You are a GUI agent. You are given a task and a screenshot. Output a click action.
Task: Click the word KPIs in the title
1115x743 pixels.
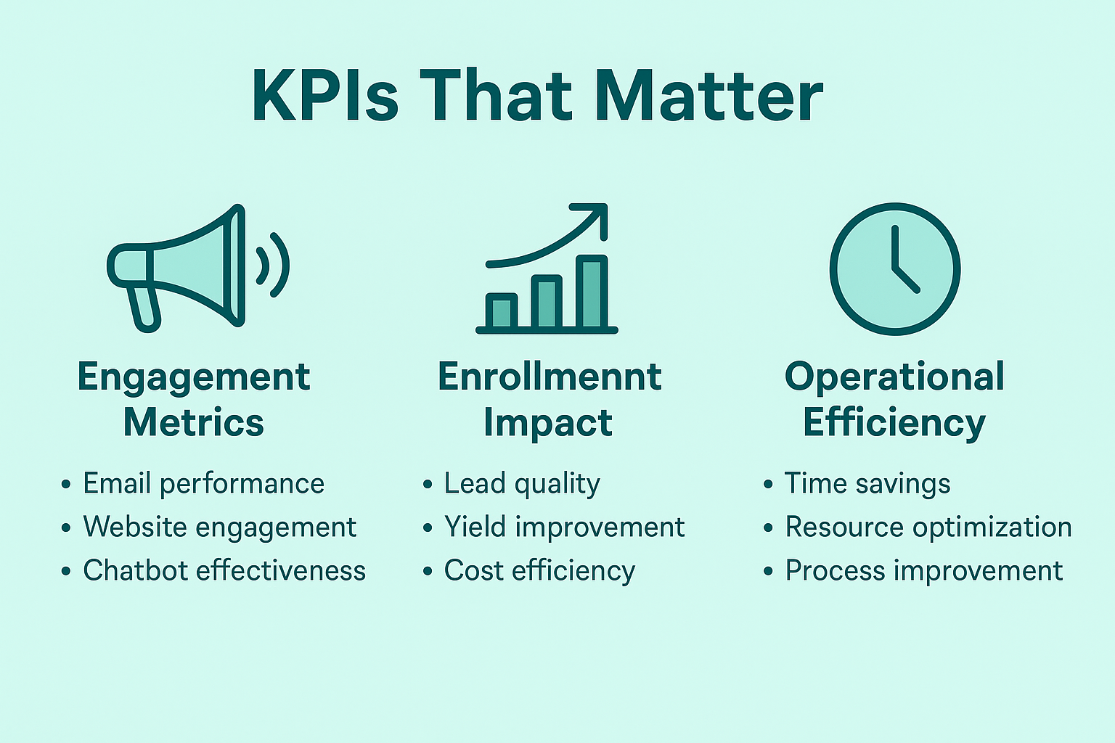click(325, 95)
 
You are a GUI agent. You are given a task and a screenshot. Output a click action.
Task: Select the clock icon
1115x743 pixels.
click(895, 268)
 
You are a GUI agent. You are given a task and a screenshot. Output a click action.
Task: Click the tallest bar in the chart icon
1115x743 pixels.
click(592, 292)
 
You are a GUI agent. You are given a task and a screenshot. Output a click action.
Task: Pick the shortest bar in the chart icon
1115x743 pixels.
click(502, 311)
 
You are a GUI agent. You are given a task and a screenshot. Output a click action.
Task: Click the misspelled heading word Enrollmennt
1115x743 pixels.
click(550, 377)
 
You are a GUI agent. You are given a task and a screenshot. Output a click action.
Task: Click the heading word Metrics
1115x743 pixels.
click(194, 422)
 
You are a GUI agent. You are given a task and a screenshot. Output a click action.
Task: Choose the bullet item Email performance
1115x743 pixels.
click(203, 484)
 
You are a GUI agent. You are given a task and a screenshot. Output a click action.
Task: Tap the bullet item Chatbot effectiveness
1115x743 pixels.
click(224, 570)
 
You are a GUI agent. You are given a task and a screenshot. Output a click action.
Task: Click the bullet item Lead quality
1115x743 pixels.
click(522, 484)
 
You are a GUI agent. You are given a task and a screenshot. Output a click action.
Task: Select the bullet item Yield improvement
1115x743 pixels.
click(565, 527)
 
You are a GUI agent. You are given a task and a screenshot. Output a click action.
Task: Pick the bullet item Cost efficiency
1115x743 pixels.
click(539, 570)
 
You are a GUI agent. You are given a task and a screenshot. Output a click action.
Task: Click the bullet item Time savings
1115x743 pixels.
click(867, 484)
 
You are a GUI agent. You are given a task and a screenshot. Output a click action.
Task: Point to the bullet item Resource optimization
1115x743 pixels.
click(928, 527)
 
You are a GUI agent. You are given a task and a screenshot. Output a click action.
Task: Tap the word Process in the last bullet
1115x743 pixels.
click(836, 570)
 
